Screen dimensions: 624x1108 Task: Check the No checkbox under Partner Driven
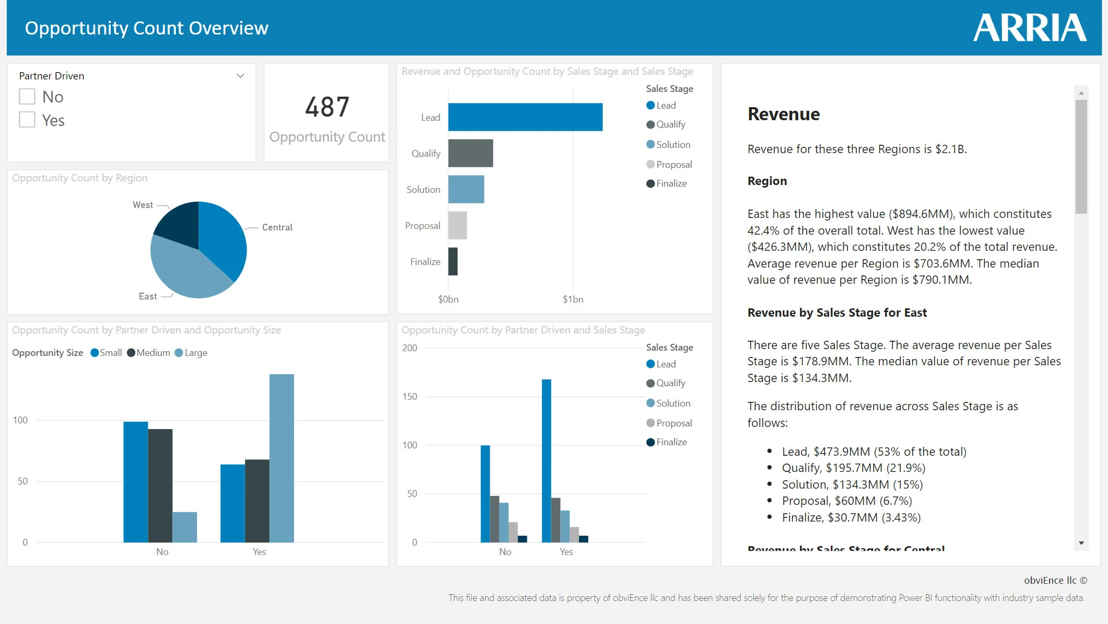tap(27, 97)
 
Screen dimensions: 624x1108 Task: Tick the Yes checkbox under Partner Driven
tap(27, 120)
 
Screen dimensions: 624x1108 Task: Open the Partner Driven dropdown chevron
tap(240, 76)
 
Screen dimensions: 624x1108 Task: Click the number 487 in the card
tap(327, 107)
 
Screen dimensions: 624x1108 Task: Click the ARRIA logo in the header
tap(1030, 28)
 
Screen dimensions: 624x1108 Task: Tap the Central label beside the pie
tap(277, 227)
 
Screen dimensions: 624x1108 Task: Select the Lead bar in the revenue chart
tap(525, 117)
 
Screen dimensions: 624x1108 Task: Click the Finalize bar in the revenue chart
tap(453, 261)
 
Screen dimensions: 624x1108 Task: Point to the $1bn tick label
tap(573, 299)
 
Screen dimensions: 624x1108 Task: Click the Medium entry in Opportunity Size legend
tap(152, 353)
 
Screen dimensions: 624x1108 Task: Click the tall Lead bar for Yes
tap(546, 460)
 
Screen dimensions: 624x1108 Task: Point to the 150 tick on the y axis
tap(410, 397)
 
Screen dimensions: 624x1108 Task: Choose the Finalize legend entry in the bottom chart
tap(671, 442)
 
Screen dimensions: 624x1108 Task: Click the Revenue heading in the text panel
tap(783, 114)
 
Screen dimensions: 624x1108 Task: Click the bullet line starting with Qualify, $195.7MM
tap(853, 468)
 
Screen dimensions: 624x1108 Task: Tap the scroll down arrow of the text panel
tap(1081, 543)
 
